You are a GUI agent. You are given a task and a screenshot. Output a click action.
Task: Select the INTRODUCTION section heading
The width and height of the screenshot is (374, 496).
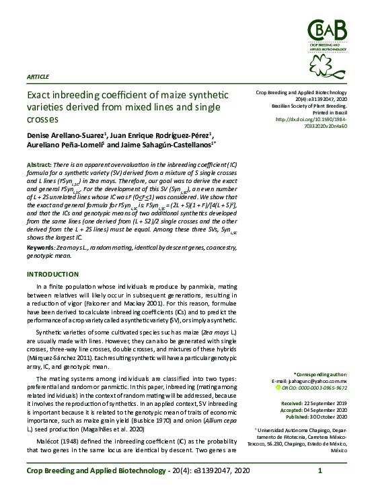click(x=52, y=275)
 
